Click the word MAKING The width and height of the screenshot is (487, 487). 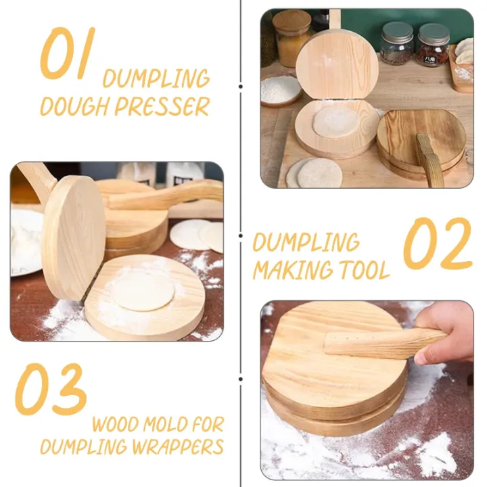click(287, 271)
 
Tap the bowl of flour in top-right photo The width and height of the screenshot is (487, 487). click(281, 89)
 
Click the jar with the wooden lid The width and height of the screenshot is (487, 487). click(292, 37)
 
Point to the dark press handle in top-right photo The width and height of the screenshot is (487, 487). click(430, 159)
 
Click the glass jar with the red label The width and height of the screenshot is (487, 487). click(432, 45)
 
